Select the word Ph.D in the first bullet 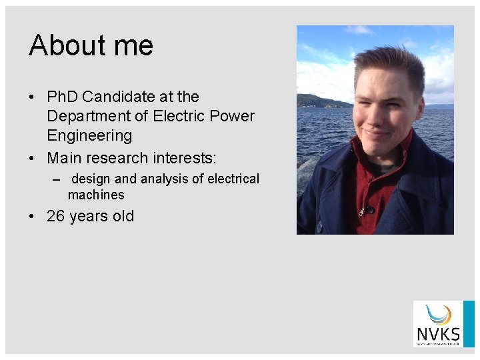[63, 97]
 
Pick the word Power [231, 116]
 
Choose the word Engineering [89, 135]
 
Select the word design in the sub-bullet [91, 179]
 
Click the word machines [96, 195]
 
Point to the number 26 [56, 216]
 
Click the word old [123, 216]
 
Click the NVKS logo [437, 324]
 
